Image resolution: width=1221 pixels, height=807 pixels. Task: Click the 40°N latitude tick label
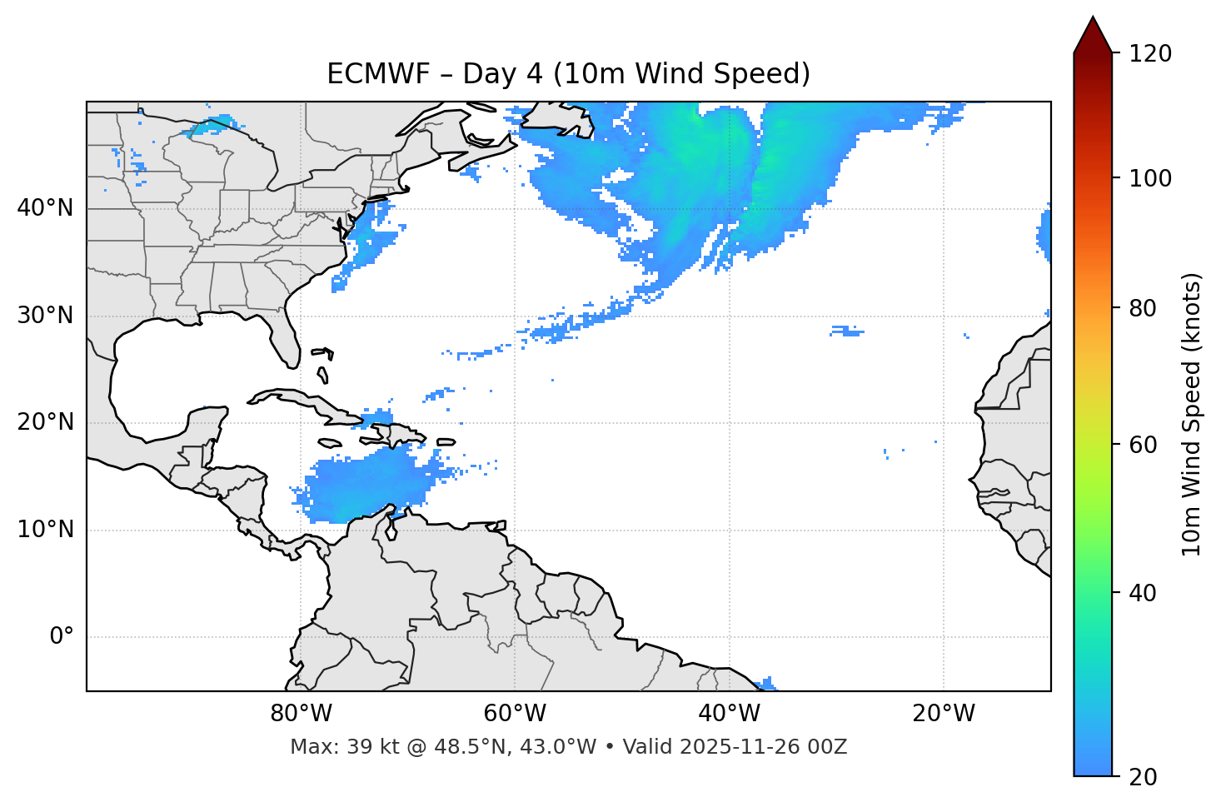click(45, 208)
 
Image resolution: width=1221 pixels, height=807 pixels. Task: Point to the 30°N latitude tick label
click(45, 316)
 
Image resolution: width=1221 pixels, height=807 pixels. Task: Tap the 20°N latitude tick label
click(45, 422)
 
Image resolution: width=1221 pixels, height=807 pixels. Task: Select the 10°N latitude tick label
click(45, 530)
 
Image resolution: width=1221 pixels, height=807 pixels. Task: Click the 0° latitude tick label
click(62, 637)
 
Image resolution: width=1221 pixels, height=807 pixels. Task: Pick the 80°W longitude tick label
click(301, 714)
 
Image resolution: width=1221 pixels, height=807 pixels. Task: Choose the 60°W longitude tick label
click(515, 714)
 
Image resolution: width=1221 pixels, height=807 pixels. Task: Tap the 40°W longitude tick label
click(729, 714)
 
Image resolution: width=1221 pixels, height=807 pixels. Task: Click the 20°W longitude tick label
click(944, 714)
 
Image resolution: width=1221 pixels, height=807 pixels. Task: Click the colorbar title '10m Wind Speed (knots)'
click(1192, 414)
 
